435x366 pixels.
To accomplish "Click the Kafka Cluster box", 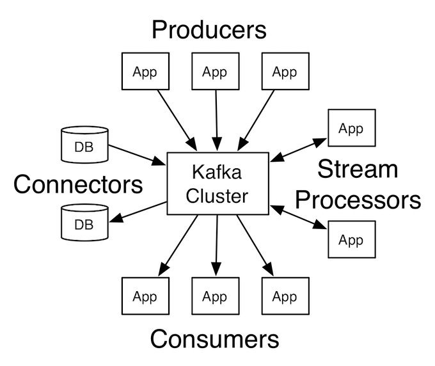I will [x=217, y=183].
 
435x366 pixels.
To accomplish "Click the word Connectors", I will [x=78, y=184].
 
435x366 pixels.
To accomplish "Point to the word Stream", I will [x=358, y=170].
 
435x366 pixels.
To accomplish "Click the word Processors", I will [x=358, y=200].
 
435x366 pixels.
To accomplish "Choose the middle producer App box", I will [x=214, y=72].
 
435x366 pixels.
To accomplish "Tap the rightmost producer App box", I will [x=285, y=72].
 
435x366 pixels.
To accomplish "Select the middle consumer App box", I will [x=214, y=296].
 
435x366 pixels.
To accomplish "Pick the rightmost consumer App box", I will [x=285, y=296].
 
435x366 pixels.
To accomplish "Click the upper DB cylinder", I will [x=84, y=145].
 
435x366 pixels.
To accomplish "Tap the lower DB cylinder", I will [x=84, y=223].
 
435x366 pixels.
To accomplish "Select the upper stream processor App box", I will [x=351, y=129].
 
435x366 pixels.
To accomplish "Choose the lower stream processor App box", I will [x=351, y=239].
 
